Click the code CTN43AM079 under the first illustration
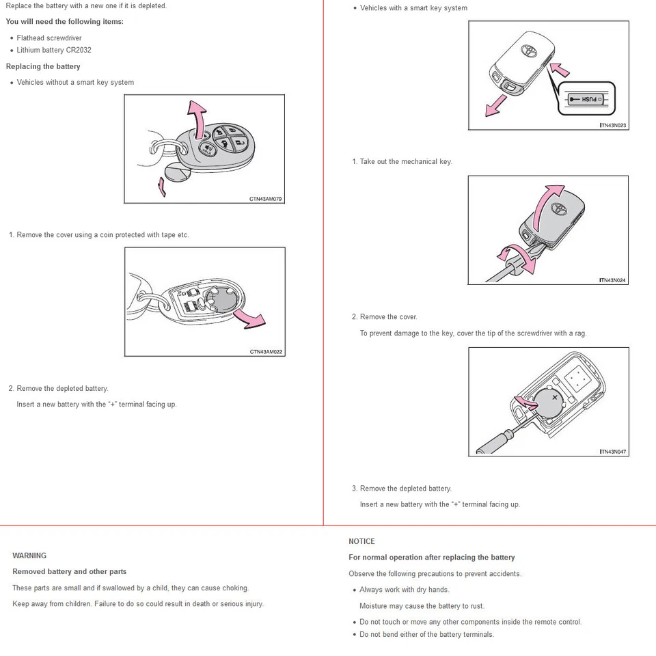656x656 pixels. [265, 199]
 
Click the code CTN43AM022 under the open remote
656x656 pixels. [266, 352]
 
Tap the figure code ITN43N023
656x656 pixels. [612, 126]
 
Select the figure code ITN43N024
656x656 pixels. [612, 280]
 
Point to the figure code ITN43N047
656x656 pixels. [612, 452]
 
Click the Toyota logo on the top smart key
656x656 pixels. [530, 51]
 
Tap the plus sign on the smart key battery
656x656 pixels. [555, 396]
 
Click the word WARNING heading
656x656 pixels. [29, 556]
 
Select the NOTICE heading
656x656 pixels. [361, 541]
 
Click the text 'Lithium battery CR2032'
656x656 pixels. [54, 50]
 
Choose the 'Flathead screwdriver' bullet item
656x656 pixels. [49, 38]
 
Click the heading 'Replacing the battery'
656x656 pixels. [43, 66]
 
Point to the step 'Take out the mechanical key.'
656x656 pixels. [406, 162]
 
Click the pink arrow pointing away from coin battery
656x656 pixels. [249, 317]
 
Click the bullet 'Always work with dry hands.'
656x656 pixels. [405, 590]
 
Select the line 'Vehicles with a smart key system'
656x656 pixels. [413, 8]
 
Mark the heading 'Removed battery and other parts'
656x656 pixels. [69, 571]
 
